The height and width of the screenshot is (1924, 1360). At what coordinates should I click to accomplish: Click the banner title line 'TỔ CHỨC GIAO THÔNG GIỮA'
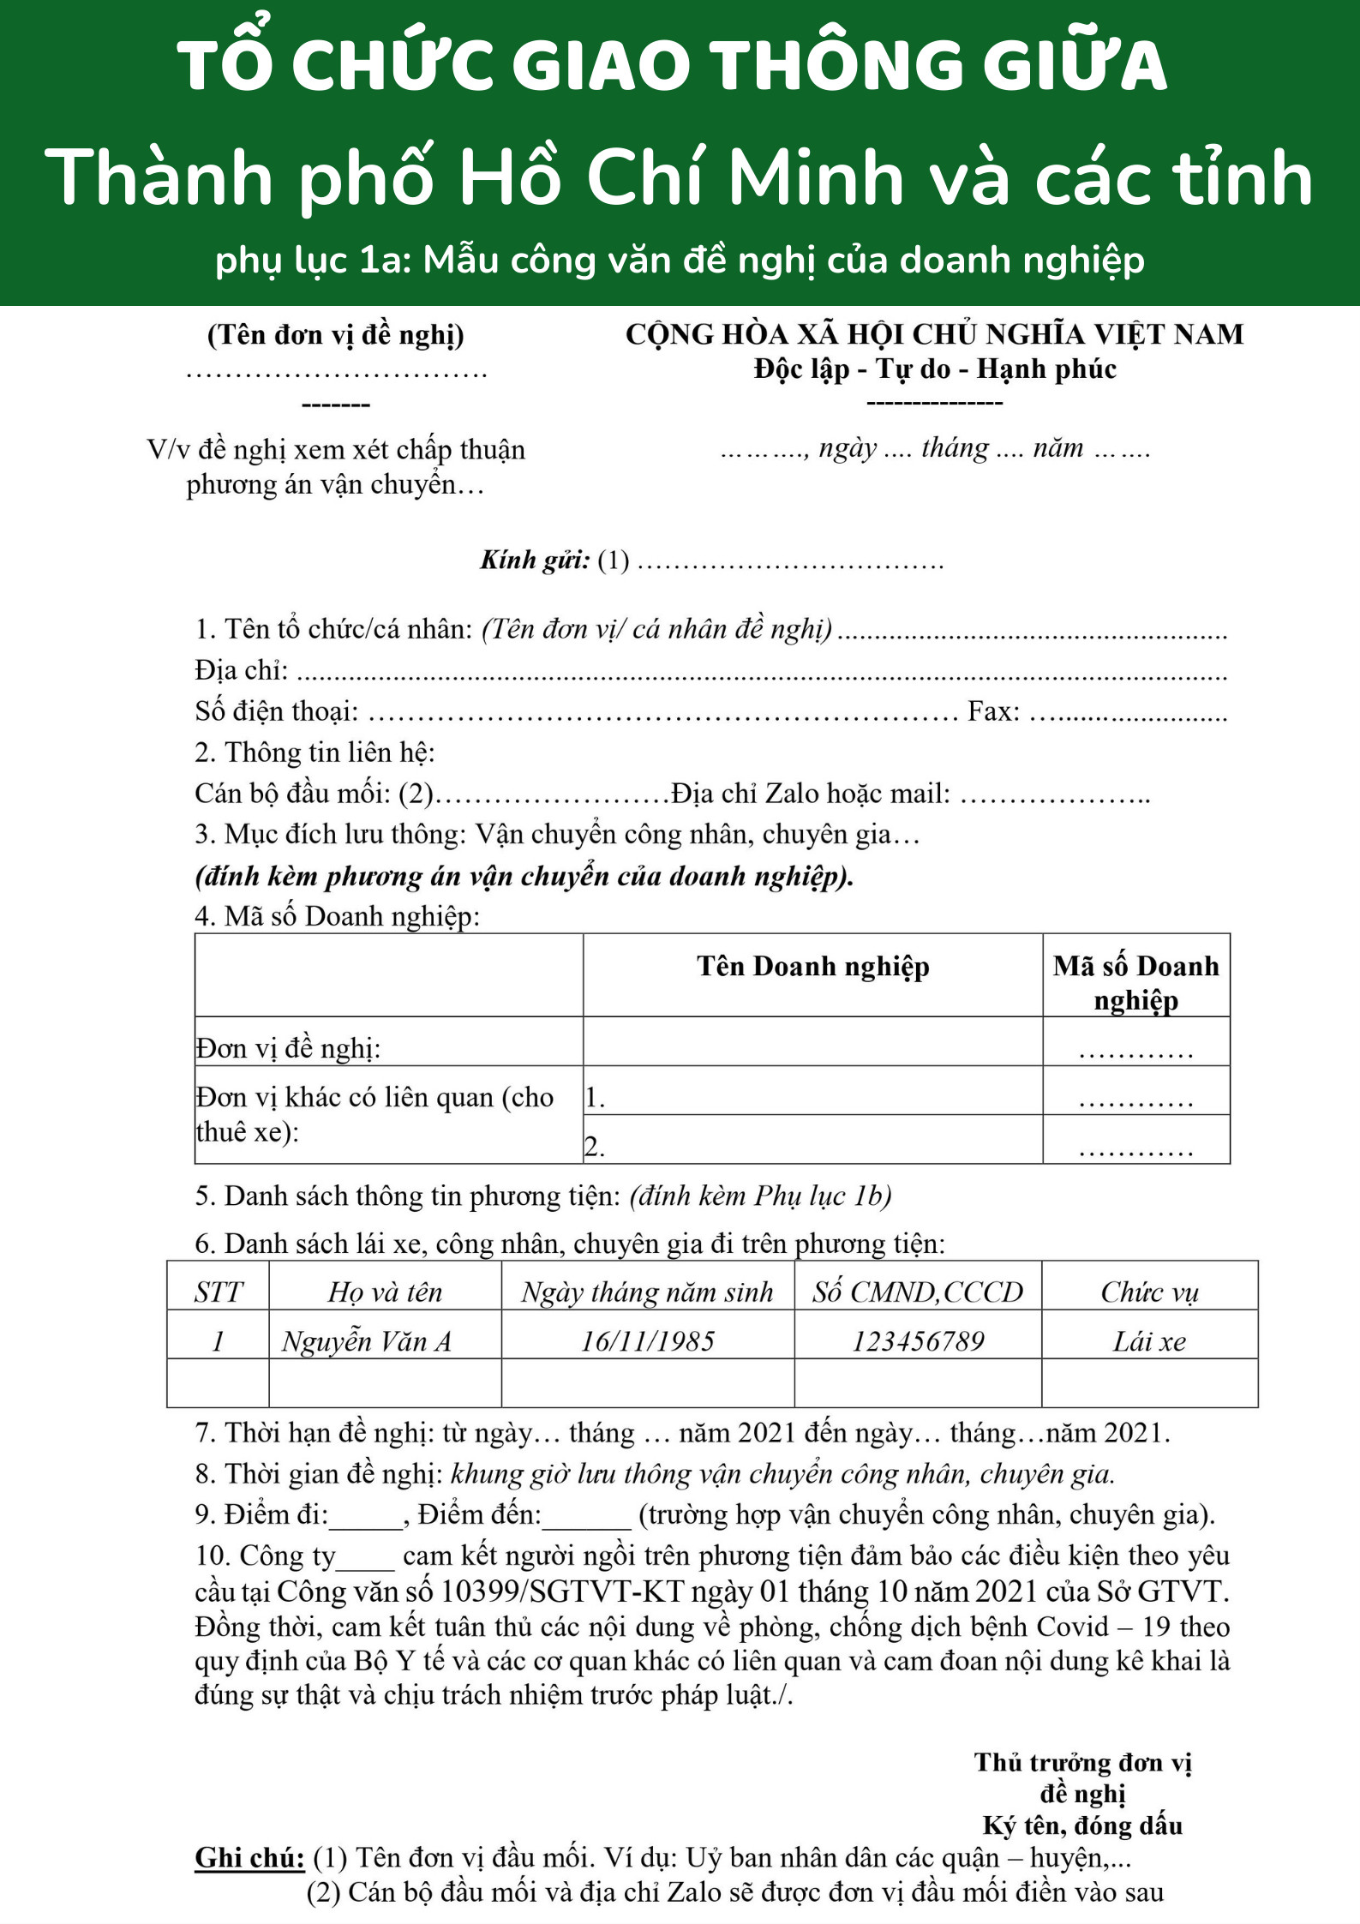coord(673,66)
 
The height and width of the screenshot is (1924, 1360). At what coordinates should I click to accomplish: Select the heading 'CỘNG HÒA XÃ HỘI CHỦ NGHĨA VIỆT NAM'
coord(934,334)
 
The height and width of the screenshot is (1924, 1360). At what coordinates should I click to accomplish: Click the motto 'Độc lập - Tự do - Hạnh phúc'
coord(935,369)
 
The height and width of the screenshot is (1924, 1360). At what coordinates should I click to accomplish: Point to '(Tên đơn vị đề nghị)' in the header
coord(336,334)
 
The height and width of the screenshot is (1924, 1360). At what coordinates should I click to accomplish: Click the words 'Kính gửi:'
coord(535,560)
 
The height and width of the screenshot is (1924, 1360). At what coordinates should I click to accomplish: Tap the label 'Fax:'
coord(993,711)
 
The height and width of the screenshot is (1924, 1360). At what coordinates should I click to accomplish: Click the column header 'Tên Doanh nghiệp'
coord(812,967)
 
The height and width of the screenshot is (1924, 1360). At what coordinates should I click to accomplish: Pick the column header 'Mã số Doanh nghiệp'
coord(1135,982)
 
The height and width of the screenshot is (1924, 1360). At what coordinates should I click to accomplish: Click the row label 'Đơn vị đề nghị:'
coord(289,1048)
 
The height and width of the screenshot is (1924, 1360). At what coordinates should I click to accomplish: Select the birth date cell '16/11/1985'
coord(648,1341)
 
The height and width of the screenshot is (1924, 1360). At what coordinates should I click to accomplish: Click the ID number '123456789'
coord(918,1341)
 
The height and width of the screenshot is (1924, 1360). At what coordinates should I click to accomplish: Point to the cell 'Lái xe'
coord(1149,1341)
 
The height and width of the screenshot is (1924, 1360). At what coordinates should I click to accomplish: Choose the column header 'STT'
coord(218,1292)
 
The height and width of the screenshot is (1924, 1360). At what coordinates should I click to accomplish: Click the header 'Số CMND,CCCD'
coord(918,1292)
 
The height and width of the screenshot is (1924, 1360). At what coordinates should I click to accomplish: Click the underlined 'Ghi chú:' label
coord(249,1857)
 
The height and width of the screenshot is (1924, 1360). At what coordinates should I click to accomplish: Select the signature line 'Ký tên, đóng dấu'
coord(1082,1825)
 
